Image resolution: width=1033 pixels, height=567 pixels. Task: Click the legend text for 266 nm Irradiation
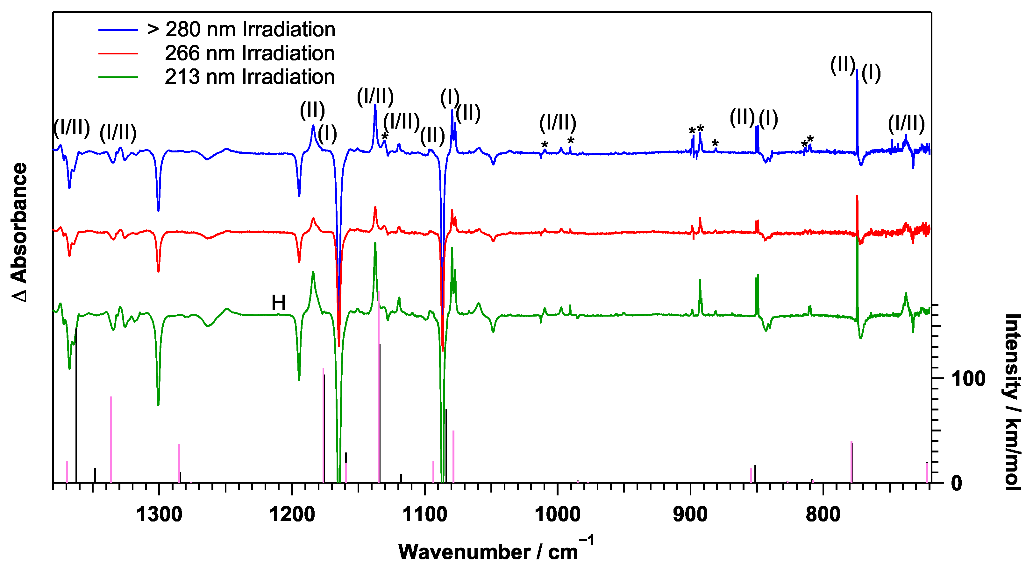249,53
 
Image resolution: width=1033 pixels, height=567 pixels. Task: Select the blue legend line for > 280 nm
118,30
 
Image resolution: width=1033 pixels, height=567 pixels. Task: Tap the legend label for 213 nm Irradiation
249,77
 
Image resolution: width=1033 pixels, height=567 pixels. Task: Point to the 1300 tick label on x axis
159,514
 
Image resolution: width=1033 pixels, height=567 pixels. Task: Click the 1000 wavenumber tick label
557,514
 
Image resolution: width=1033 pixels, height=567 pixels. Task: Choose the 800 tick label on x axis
823,514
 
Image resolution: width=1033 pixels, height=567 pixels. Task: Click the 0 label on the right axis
956,484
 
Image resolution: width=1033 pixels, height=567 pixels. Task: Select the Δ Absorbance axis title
19,232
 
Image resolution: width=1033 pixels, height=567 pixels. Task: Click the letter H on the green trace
278,303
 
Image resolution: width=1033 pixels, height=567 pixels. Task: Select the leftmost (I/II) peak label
71,127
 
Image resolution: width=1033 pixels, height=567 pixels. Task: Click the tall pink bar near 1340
111,439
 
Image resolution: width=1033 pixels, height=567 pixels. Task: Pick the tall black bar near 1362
76,405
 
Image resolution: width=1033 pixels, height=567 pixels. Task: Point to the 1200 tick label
292,514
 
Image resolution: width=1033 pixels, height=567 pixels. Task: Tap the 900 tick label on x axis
690,514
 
